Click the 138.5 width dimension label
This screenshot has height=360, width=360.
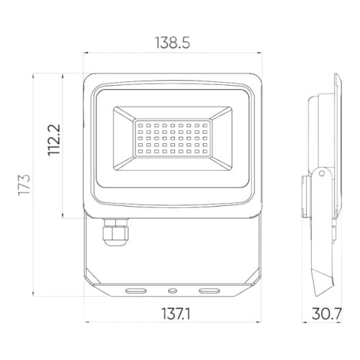point(173,43)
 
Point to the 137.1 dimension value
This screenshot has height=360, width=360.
point(173,313)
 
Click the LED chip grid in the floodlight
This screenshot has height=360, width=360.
point(172,141)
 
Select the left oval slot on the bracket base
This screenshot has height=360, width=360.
point(135,290)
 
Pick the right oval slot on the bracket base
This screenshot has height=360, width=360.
point(210,290)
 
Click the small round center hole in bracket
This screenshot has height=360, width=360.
point(173,290)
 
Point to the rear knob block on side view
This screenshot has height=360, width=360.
point(305,194)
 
